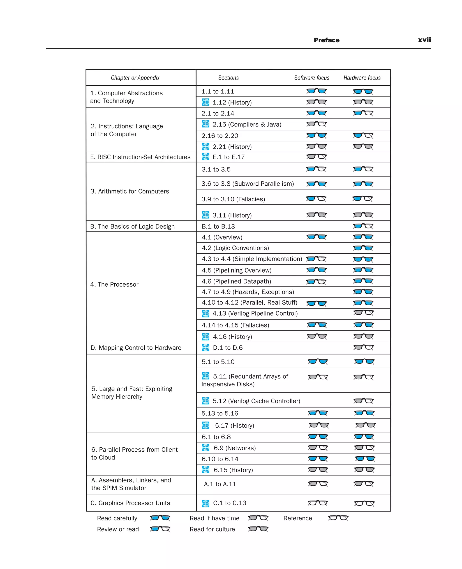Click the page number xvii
click(x=424, y=40)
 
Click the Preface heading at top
click(x=327, y=40)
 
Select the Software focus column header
click(x=312, y=78)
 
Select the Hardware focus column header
click(x=362, y=78)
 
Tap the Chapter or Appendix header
click(x=135, y=78)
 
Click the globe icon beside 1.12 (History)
click(x=206, y=102)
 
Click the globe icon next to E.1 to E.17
click(x=206, y=157)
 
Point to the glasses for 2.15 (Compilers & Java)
click(x=316, y=124)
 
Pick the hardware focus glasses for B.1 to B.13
click(x=363, y=226)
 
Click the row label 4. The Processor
click(x=114, y=284)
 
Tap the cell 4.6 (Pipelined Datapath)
click(x=236, y=281)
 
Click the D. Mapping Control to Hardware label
click(x=136, y=348)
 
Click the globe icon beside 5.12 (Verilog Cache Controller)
click(x=206, y=401)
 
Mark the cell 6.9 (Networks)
click(x=234, y=448)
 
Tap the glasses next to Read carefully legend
click(x=160, y=518)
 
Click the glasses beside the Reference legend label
click(x=338, y=518)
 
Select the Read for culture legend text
click(x=212, y=529)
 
